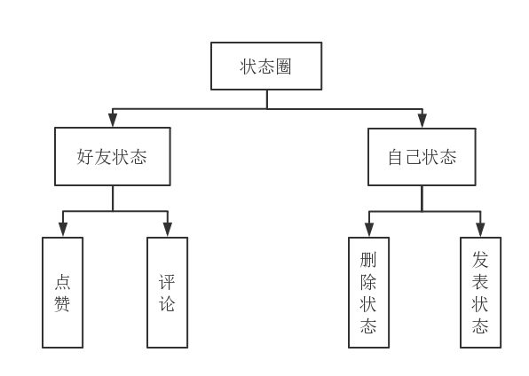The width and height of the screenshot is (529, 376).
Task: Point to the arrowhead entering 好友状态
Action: pos(113,121)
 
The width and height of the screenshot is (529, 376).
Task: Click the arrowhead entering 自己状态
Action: pos(422,121)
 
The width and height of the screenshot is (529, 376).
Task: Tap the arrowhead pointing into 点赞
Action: pos(63,230)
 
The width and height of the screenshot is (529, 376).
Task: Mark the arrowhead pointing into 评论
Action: pos(168,230)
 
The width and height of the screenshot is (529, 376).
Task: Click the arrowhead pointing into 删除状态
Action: pos(369,230)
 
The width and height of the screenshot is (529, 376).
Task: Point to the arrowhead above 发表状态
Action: pos(480,230)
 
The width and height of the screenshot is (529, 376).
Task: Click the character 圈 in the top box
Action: pos(283,67)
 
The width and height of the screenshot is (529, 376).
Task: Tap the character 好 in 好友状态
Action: pos(85,157)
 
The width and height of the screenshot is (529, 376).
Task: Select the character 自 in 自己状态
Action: pos(396,157)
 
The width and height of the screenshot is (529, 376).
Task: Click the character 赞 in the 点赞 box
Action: pos(62,303)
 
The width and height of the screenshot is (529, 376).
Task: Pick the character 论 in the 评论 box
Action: pos(167,303)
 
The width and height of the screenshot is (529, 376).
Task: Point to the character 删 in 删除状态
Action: pos(368,260)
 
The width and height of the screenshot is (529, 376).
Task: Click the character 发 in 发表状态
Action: pos(480,260)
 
